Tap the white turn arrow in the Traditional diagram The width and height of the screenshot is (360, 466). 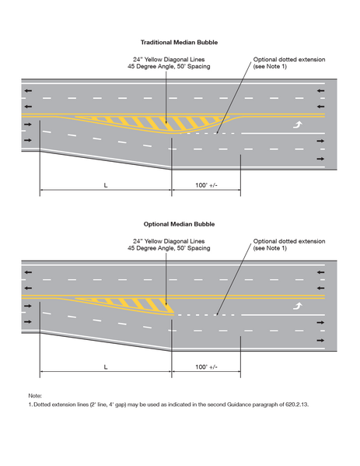coord(296,124)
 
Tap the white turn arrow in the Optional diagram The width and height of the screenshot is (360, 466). coord(296,307)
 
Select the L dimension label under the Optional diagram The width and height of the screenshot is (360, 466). coord(105,366)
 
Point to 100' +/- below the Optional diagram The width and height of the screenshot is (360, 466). coord(207,366)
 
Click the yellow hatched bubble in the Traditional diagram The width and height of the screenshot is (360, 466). coord(148,123)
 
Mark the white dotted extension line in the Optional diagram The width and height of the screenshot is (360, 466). coord(206,315)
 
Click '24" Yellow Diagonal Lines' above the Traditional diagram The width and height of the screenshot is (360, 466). coord(166,59)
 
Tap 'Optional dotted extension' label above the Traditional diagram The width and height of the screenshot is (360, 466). coord(289,59)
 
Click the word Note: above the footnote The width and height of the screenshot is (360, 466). coord(35,395)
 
